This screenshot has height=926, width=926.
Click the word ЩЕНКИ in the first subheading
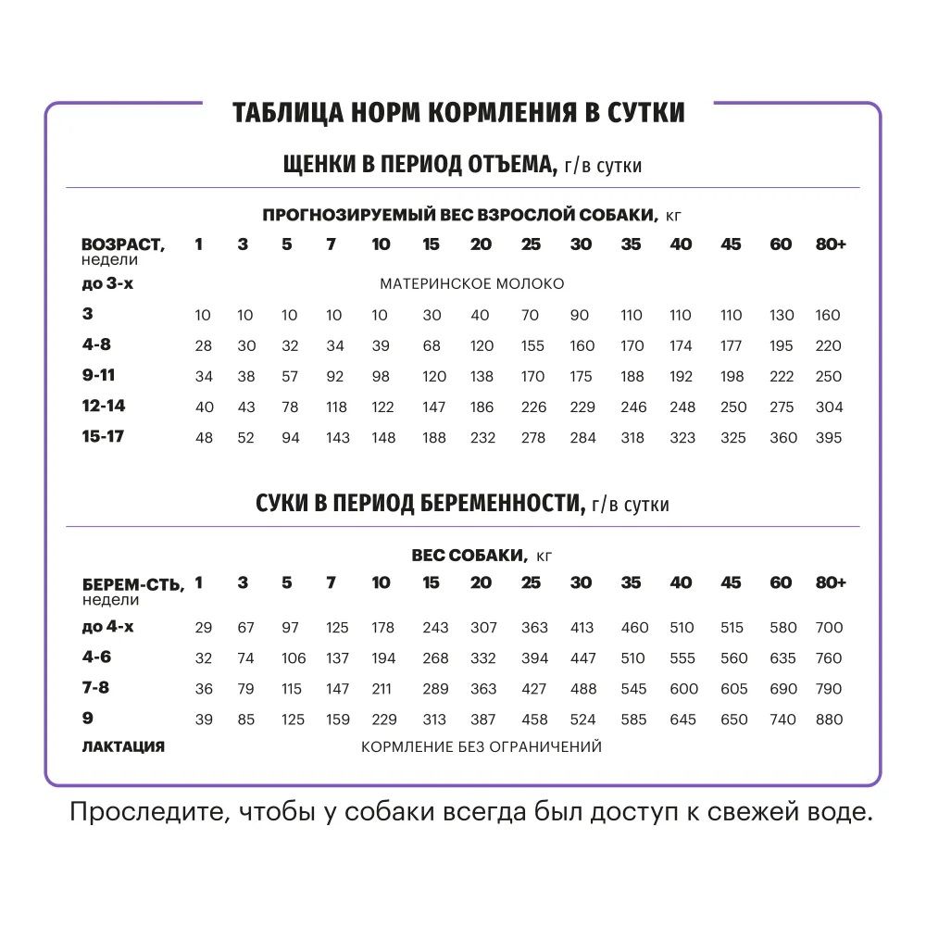pyautogui.click(x=317, y=165)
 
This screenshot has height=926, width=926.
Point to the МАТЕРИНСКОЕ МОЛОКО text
pyautogui.click(x=471, y=284)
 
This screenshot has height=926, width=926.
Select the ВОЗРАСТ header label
pyautogui.click(x=123, y=244)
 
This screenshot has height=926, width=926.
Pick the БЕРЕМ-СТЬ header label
pyautogui.click(x=133, y=583)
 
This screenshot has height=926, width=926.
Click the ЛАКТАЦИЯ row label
pyautogui.click(x=123, y=746)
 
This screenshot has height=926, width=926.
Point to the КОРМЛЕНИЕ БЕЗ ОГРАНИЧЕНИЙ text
pyautogui.click(x=482, y=746)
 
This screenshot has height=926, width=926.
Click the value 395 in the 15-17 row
pyautogui.click(x=829, y=437)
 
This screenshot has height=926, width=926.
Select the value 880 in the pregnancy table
pyautogui.click(x=829, y=720)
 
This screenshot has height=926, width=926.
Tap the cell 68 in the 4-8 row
pyautogui.click(x=432, y=346)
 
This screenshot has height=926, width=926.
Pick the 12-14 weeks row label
pyautogui.click(x=103, y=406)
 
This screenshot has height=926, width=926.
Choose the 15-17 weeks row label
pyautogui.click(x=103, y=436)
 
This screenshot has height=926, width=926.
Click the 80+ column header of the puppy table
pyautogui.click(x=831, y=244)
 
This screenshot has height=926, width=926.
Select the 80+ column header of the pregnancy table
pyautogui.click(x=831, y=582)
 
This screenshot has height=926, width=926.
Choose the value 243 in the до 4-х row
pyautogui.click(x=435, y=628)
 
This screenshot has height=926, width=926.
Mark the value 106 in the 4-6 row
pyautogui.click(x=293, y=658)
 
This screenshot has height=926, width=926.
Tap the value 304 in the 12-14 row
pyautogui.click(x=829, y=407)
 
